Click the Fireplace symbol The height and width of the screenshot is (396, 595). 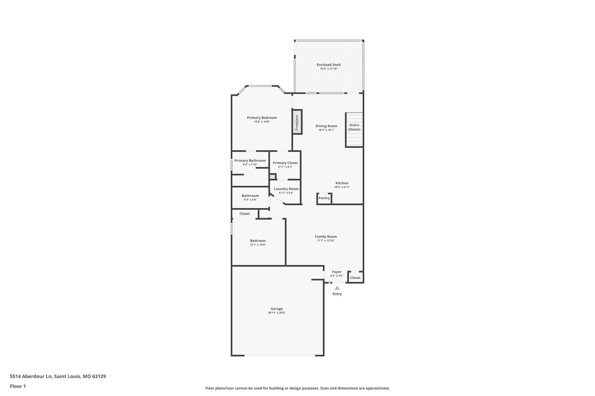tap(297, 122)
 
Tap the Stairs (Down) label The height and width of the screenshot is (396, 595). tap(354, 127)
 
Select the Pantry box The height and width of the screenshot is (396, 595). tap(324, 198)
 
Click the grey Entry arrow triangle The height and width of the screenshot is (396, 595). tap(337, 288)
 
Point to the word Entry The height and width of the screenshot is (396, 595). tap(337, 294)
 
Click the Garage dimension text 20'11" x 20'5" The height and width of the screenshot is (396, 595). tap(277, 313)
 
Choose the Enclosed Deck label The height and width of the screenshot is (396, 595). tap(329, 65)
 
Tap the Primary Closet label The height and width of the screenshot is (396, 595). tap(285, 163)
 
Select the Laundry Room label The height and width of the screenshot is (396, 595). tap(286, 189)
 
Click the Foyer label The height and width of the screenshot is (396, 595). tap(337, 272)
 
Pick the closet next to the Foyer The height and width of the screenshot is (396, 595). tap(355, 278)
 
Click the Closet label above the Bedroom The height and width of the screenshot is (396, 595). tap(244, 214)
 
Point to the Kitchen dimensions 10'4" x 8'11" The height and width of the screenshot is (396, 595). tap(342, 187)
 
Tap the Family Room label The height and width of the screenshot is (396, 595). tap(326, 236)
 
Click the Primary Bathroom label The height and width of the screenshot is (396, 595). tap(250, 160)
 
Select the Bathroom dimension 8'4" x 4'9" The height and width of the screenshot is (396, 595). tap(250, 200)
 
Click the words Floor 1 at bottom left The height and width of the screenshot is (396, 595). tap(18, 386)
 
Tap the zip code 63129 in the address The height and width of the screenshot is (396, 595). tap(99, 377)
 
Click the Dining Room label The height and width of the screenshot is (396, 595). tap(326, 126)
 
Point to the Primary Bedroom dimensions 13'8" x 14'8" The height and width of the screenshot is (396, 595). tap(262, 122)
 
